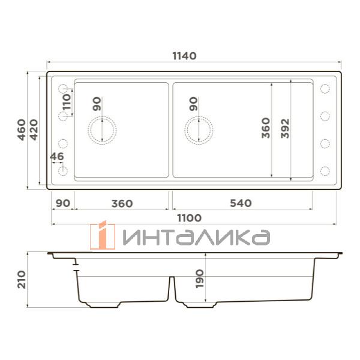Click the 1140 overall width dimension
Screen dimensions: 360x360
click(184, 56)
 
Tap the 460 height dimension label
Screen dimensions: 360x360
click(22, 130)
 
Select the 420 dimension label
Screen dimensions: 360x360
click(34, 130)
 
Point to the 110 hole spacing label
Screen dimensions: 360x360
click(67, 102)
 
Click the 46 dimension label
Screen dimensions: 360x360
click(57, 157)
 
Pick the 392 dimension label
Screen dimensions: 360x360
click(285, 128)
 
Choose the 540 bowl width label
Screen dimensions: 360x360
click(241, 203)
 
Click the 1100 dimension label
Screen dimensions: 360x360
click(190, 218)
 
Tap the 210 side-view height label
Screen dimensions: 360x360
click(22, 280)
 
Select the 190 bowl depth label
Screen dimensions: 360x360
click(200, 279)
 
